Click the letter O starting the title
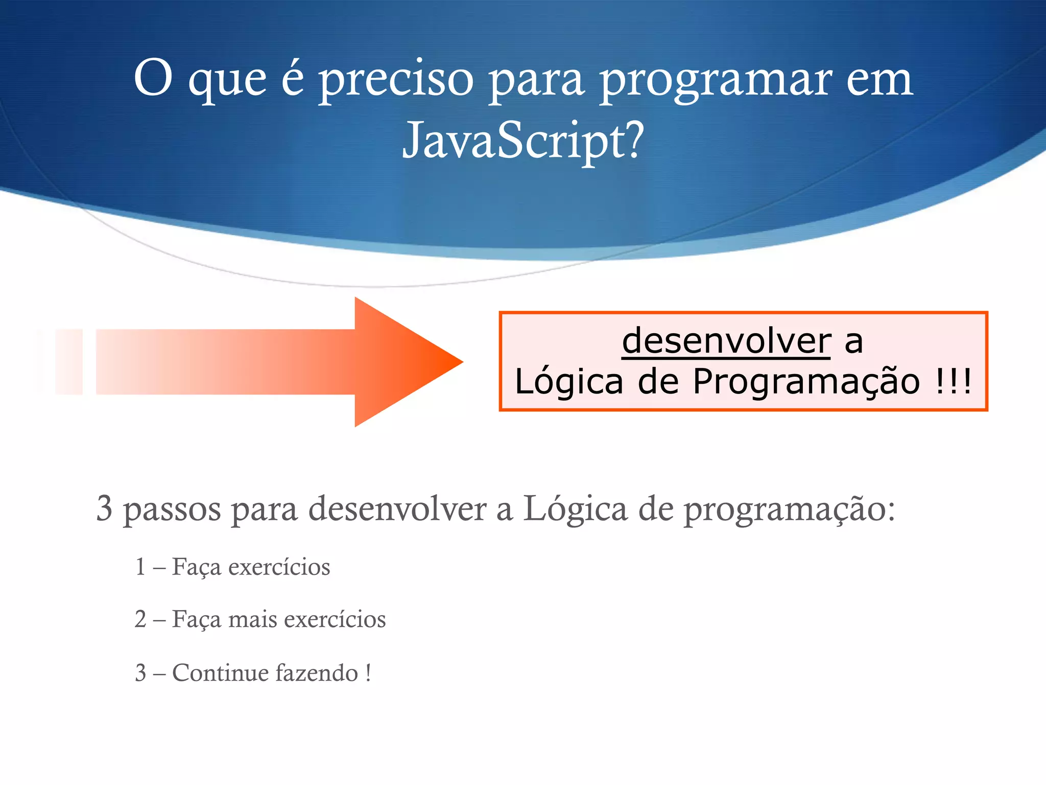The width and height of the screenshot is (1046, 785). pos(153,78)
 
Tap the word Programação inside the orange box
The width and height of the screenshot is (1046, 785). pos(806,382)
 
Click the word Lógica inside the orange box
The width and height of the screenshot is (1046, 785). pos(569,382)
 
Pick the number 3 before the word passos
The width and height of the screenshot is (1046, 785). pos(104,509)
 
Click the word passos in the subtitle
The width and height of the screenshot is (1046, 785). pos(173,510)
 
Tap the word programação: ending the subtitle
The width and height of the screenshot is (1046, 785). pos(789,510)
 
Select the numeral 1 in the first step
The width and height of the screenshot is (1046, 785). pos(140,567)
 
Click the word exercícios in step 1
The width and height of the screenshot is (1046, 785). pos(279,567)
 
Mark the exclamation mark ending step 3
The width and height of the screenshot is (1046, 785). pos(368,673)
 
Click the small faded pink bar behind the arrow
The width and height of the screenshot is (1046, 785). pos(69,362)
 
